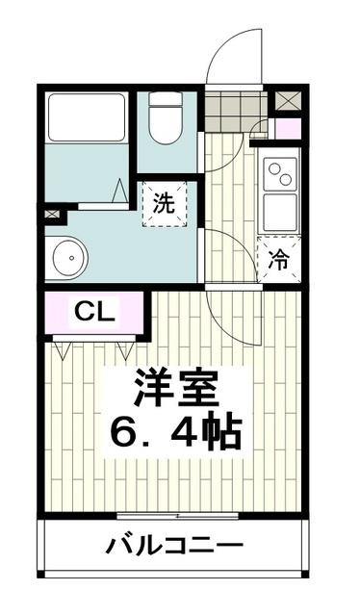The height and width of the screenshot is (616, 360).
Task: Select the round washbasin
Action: pyautogui.click(x=69, y=255)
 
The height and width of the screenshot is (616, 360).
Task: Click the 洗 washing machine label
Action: pyautogui.click(x=165, y=203)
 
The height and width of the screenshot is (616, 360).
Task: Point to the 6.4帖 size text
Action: pyautogui.click(x=176, y=435)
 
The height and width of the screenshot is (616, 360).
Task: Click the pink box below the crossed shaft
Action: pyautogui.click(x=287, y=128)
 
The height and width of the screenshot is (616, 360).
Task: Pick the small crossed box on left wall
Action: pyautogui.click(x=50, y=213)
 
